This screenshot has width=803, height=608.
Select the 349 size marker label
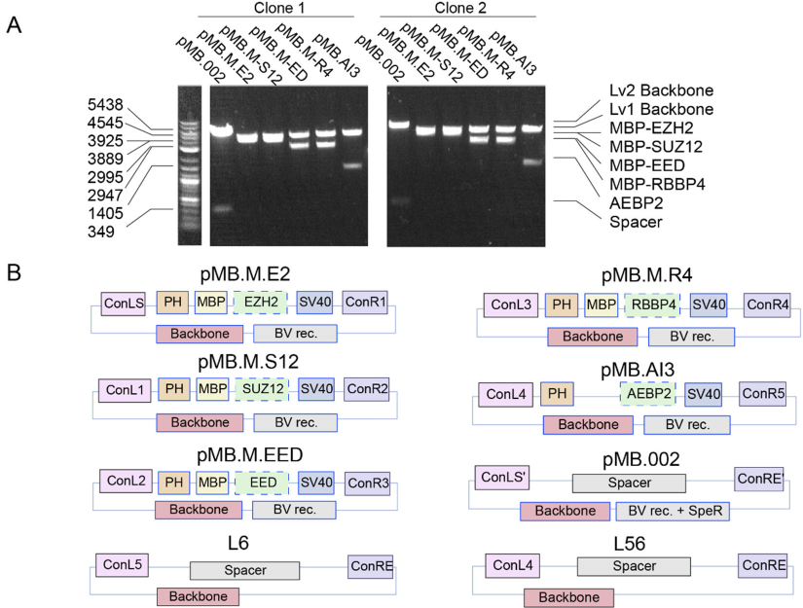click(128, 232)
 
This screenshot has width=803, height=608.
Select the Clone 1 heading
click(274, 9)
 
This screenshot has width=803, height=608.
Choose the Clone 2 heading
click(456, 9)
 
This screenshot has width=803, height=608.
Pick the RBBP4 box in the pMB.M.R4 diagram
click(654, 305)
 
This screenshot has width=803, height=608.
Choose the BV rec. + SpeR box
click(675, 513)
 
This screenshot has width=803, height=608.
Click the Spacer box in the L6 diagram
click(243, 570)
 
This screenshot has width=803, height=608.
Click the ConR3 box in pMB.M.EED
click(371, 482)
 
